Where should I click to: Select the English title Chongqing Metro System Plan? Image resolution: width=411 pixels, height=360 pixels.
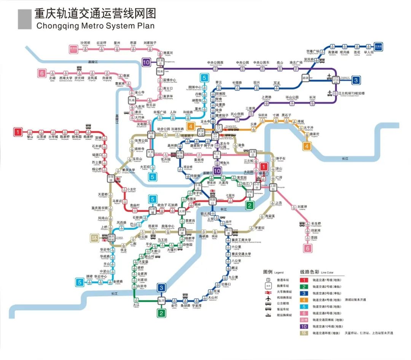[96, 26]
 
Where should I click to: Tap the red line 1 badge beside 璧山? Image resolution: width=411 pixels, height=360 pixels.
[18, 132]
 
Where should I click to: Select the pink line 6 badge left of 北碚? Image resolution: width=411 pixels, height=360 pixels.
[42, 73]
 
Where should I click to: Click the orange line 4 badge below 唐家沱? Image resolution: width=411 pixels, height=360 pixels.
[307, 146]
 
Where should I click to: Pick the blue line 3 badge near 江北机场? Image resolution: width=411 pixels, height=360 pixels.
[356, 80]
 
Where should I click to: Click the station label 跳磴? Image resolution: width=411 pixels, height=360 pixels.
[89, 277]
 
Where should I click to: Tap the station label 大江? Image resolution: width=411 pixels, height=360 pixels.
[137, 305]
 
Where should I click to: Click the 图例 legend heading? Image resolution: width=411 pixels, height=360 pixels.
[268, 272]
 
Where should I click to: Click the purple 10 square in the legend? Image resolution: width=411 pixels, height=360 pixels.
[304, 326]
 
